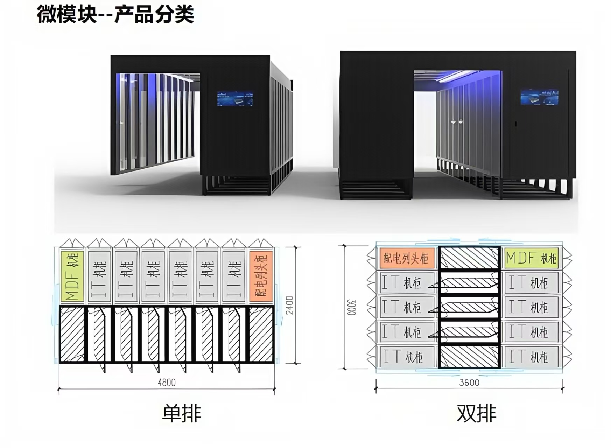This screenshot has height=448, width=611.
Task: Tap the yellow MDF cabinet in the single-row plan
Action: coord(72,276)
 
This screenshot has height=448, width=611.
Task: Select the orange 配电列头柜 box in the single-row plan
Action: coord(261,276)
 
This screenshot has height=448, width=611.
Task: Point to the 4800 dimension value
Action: coord(167,382)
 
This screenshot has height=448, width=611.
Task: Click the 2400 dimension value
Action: coord(290,305)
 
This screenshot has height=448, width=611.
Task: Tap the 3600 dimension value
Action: coord(469,382)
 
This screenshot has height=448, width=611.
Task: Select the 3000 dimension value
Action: coord(352,307)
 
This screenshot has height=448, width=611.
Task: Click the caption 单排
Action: coord(182,413)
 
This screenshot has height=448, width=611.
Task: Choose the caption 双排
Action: coord(476,413)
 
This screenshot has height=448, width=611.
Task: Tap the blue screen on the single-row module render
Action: coord(235,99)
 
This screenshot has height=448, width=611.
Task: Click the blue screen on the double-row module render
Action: coord(539,97)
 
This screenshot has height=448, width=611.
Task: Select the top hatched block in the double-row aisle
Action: coord(469,258)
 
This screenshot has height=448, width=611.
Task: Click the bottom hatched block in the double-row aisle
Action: coord(469,357)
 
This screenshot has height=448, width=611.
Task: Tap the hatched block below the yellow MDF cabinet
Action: coord(72,334)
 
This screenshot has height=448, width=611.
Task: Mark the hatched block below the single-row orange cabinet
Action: coord(261,334)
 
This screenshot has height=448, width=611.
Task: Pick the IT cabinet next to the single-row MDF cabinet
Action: coord(99,276)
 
